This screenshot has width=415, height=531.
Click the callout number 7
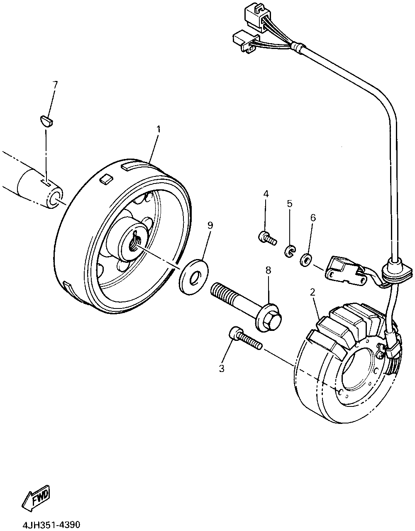pos(55,85)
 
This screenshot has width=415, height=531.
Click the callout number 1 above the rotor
pos(159,129)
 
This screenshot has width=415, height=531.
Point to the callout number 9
pos(210,225)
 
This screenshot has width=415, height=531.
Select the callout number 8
pos(268,271)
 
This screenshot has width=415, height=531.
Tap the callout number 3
pos(222,368)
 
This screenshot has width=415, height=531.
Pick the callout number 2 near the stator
pos(312,292)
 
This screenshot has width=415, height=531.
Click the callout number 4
pos(266,193)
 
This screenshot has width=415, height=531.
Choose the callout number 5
pos(290,203)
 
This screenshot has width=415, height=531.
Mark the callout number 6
pos(313,217)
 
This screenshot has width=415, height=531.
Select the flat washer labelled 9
pos(194,277)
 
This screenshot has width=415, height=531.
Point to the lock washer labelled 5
pos(289,250)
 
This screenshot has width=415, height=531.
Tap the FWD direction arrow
pos(36,497)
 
